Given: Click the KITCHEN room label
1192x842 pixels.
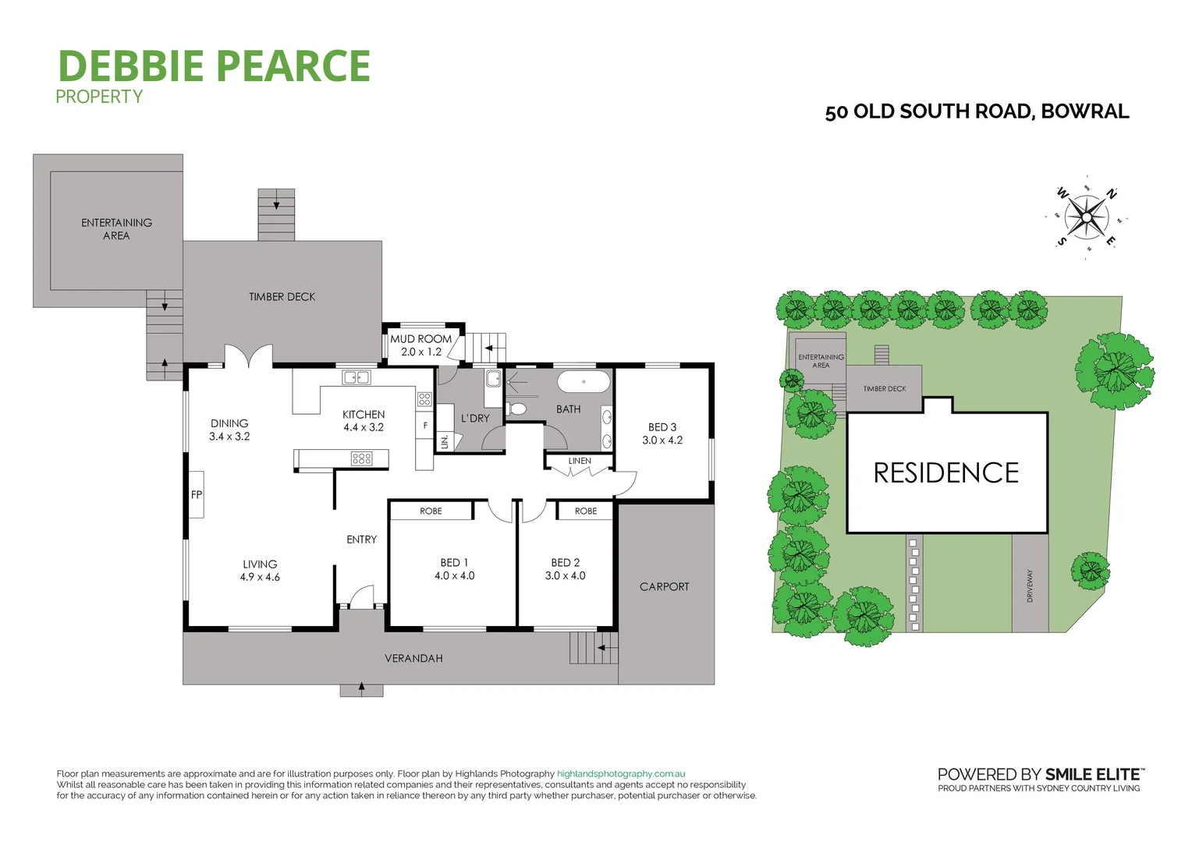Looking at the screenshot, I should [x=364, y=415].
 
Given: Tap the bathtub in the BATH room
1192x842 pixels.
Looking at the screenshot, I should [x=584, y=382].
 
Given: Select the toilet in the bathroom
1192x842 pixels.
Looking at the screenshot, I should [x=517, y=409].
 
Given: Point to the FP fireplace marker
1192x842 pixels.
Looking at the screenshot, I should [x=197, y=494].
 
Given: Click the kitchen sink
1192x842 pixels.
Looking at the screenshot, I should [x=357, y=378].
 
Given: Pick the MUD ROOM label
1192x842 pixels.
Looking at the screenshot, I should [x=421, y=339].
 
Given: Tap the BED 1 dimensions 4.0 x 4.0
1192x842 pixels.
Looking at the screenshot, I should [x=455, y=576].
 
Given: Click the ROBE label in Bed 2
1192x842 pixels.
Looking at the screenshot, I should [x=586, y=511].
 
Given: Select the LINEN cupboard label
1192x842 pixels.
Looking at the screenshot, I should [x=580, y=461].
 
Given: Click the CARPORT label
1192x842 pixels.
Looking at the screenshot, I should [x=665, y=587].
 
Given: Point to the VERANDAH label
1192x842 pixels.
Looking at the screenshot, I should [x=413, y=659].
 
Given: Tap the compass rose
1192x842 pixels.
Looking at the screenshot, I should [x=1086, y=217].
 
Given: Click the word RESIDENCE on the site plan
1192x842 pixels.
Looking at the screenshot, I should [x=946, y=473].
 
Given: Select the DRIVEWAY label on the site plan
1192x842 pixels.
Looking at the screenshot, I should [x=1030, y=586].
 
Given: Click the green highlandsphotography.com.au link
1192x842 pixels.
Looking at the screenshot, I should [x=621, y=774].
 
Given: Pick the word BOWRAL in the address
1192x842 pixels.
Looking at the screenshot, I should [x=1085, y=111].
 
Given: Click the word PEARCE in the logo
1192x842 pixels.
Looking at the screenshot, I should [x=294, y=66].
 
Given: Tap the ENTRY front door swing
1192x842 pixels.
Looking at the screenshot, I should [x=362, y=598].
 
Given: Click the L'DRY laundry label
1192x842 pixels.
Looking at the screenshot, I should [x=475, y=419].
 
